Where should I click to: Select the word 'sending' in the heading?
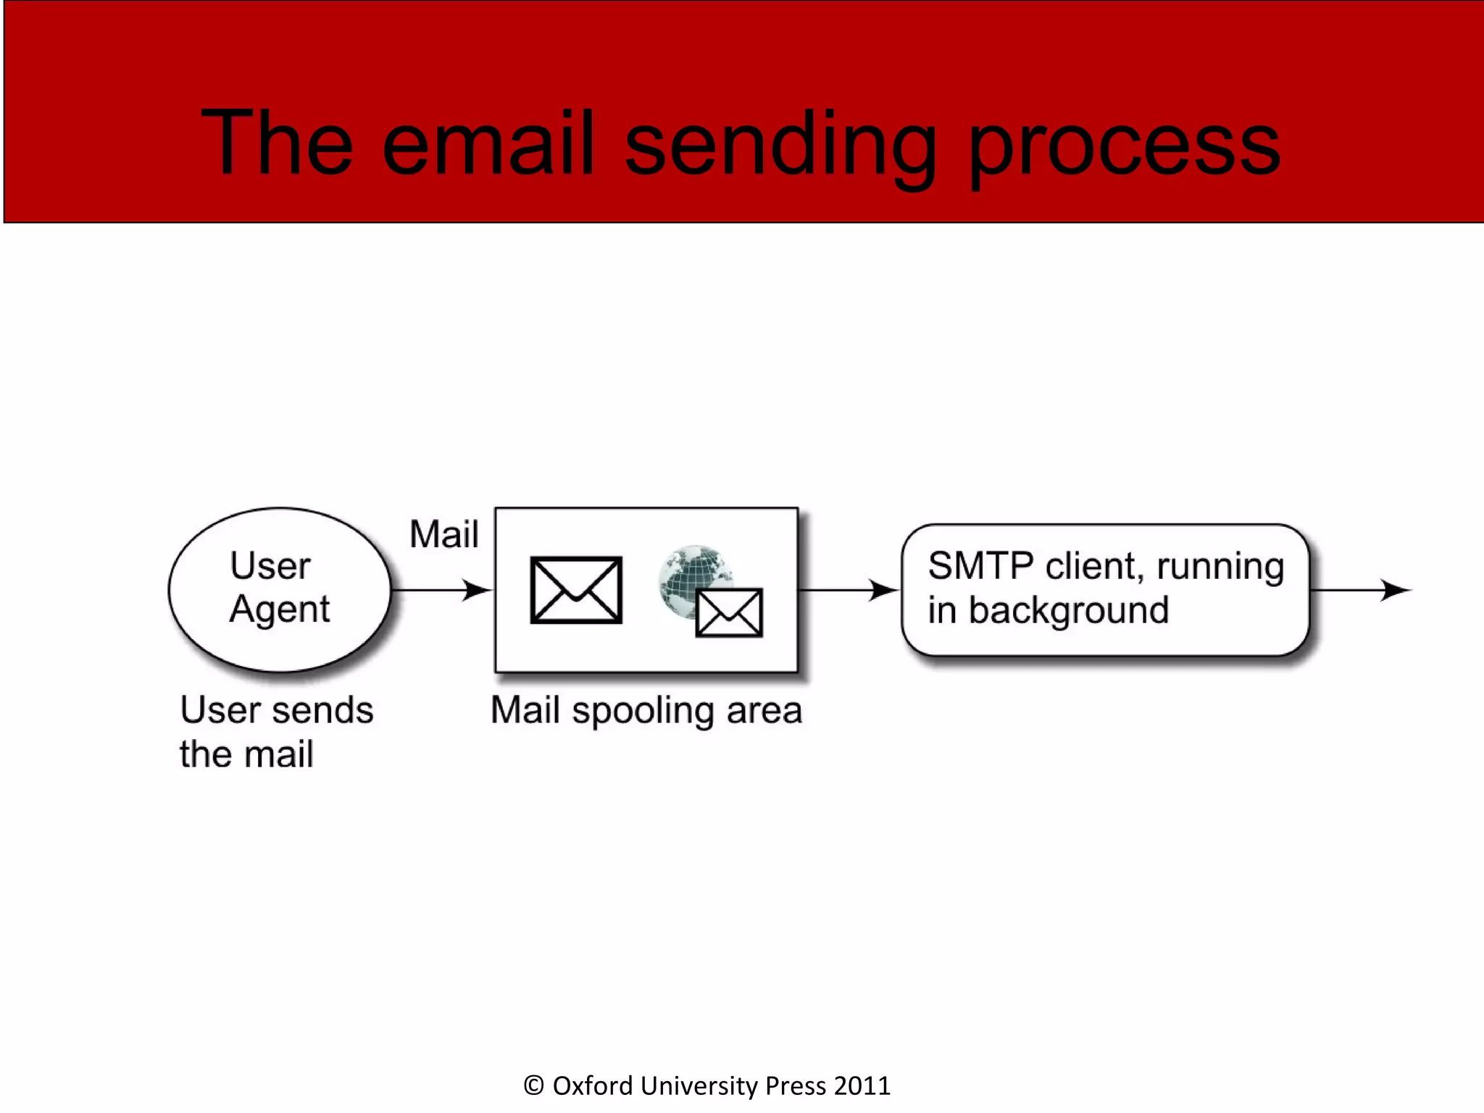click(x=780, y=149)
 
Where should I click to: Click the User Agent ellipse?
click(x=280, y=588)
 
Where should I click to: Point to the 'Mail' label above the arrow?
click(x=443, y=534)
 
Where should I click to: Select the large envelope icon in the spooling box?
click(x=576, y=590)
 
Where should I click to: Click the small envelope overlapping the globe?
click(x=729, y=613)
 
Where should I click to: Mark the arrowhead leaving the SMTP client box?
click(x=1395, y=590)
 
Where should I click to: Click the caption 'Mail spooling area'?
click(x=646, y=710)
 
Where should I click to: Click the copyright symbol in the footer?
click(x=534, y=1085)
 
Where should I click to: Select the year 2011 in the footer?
click(x=862, y=1085)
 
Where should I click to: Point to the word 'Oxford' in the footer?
click(x=593, y=1085)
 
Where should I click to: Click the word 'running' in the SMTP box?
click(x=1220, y=567)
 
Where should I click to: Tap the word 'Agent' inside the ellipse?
click(x=280, y=609)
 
